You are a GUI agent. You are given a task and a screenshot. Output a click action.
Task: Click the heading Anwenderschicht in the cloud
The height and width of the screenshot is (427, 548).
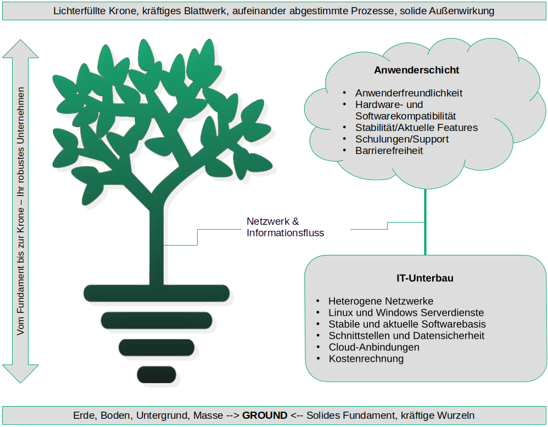pyautogui.click(x=417, y=70)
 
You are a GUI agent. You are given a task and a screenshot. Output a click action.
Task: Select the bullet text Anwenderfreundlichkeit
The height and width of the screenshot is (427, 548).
pyautogui.click(x=409, y=93)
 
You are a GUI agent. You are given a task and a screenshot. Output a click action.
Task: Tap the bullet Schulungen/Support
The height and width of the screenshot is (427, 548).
pyautogui.click(x=401, y=139)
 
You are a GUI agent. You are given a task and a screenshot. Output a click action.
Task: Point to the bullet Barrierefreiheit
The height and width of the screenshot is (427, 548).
pyautogui.click(x=389, y=151)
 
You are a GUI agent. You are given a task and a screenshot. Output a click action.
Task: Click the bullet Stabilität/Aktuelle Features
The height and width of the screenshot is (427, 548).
pyautogui.click(x=416, y=128)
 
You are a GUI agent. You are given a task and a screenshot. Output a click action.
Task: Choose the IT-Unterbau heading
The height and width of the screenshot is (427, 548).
pyautogui.click(x=425, y=278)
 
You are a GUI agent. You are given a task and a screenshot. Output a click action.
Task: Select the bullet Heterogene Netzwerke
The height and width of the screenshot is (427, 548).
pyautogui.click(x=381, y=301)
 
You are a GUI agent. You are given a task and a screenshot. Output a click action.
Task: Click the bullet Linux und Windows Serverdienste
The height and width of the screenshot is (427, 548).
pyautogui.click(x=406, y=312)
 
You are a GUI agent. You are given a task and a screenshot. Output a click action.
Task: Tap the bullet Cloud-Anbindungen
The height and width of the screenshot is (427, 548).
pyautogui.click(x=374, y=347)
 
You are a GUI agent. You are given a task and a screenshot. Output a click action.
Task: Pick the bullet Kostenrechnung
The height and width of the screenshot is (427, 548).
pyautogui.click(x=366, y=359)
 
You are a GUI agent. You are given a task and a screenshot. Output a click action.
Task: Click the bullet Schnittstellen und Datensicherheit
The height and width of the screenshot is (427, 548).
pyautogui.click(x=406, y=335)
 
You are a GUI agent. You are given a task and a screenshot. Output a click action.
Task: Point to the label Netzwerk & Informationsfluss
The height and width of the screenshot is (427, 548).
pyautogui.click(x=285, y=227)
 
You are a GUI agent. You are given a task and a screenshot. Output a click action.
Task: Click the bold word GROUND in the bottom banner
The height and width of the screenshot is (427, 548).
pyautogui.click(x=265, y=415)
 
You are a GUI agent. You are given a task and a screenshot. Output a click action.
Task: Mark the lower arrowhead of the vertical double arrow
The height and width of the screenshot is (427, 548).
pyautogui.click(x=21, y=373)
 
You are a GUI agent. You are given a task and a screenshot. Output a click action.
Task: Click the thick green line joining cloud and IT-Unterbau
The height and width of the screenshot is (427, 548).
pyautogui.click(x=425, y=225)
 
